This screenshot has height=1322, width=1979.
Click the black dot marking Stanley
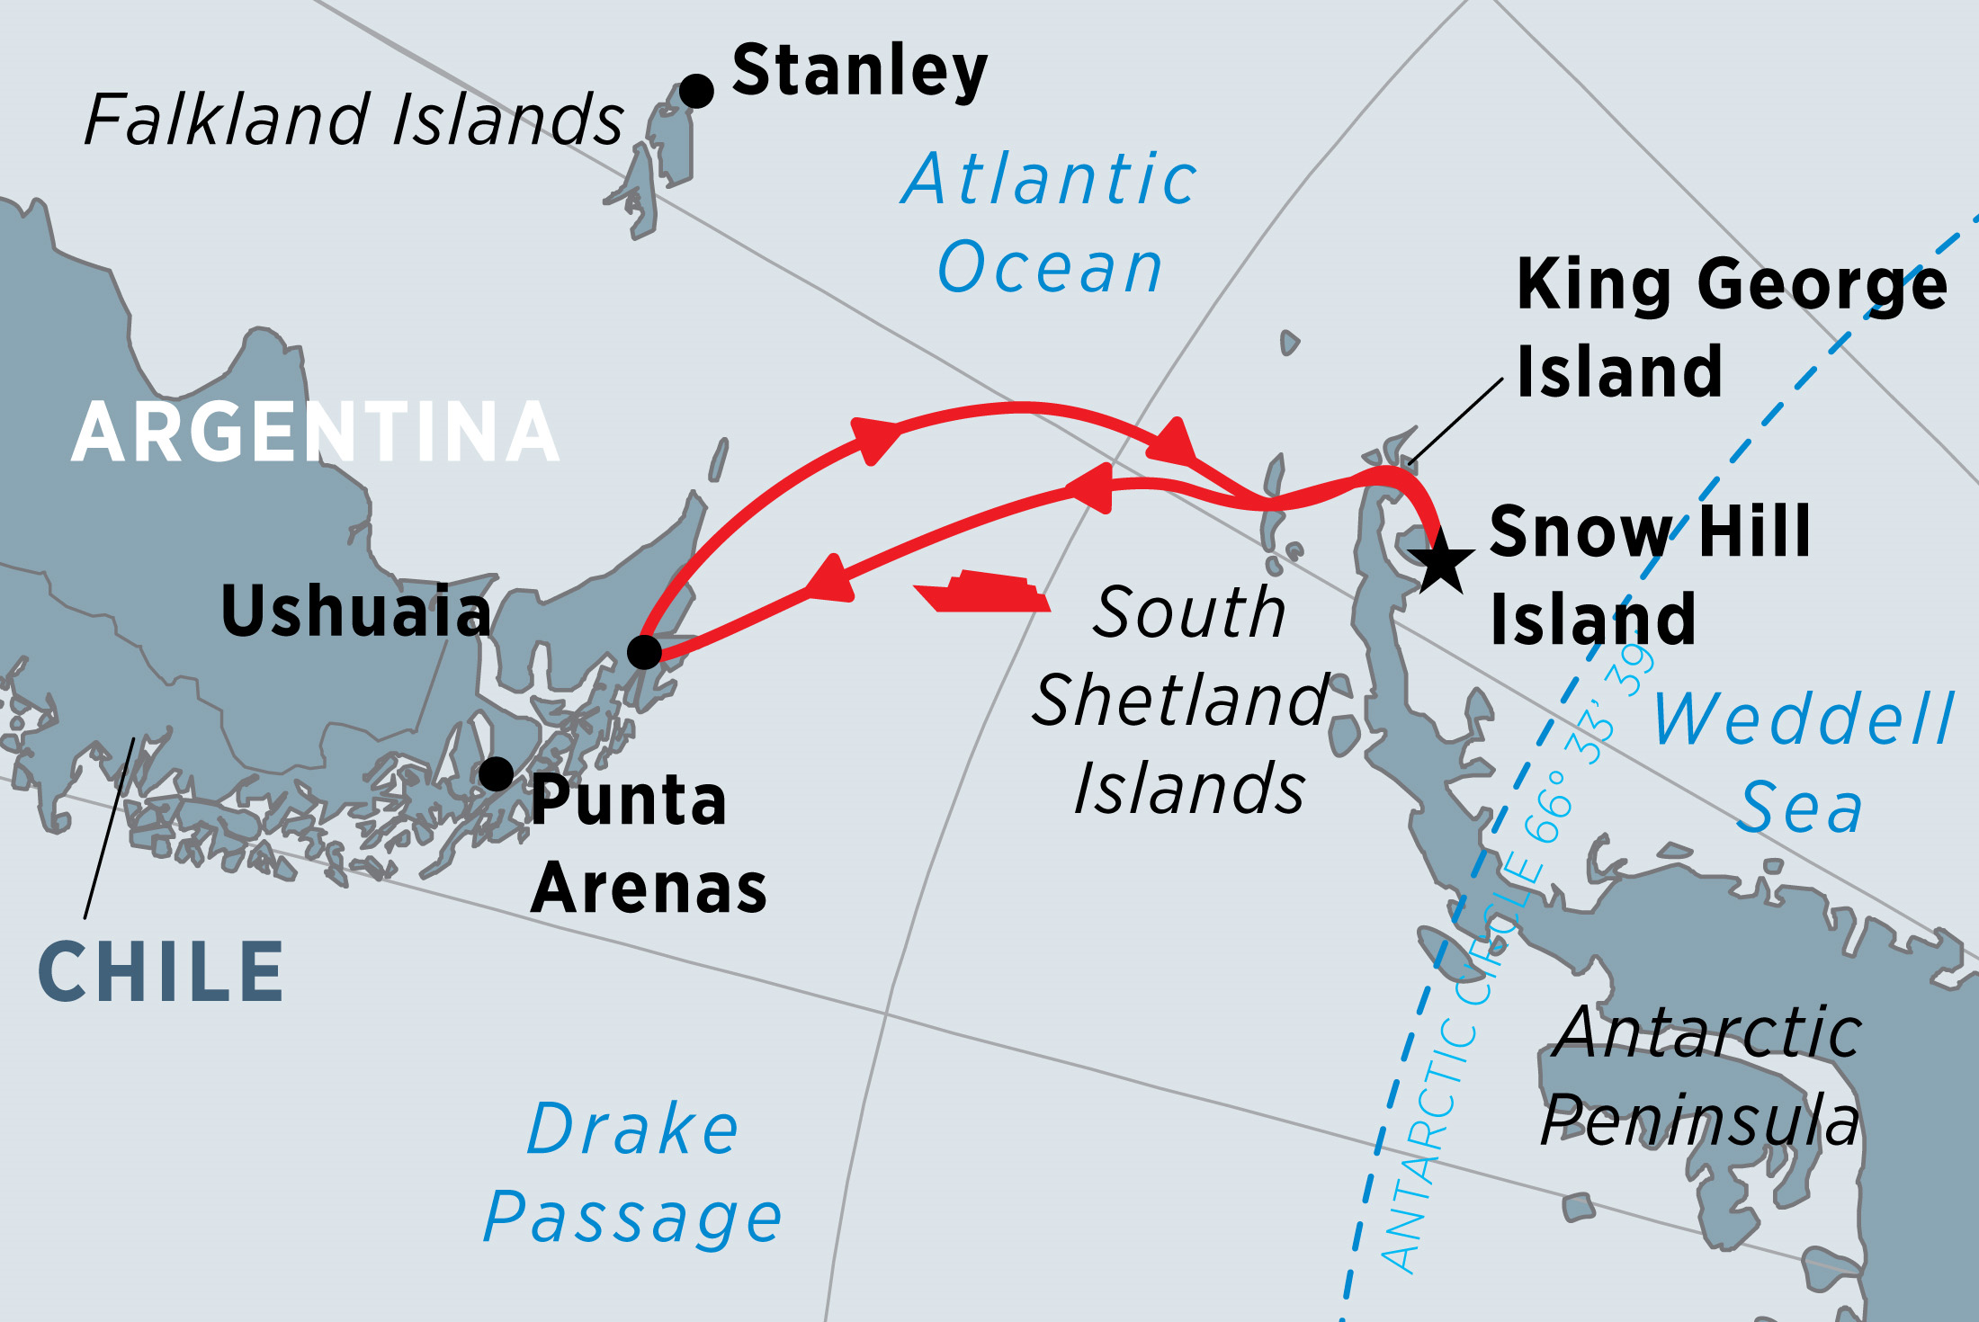click(696, 91)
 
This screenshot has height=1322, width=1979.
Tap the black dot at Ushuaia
click(644, 651)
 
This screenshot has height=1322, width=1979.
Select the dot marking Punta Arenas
click(496, 773)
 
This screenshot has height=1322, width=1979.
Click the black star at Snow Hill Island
click(1441, 562)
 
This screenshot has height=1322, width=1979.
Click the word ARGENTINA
click(315, 433)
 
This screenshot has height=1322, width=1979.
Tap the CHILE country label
click(162, 972)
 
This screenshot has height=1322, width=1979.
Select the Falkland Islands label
click(354, 120)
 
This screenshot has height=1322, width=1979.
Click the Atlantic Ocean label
click(1050, 223)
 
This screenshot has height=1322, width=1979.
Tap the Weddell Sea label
click(1804, 763)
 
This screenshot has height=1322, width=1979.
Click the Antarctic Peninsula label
click(1700, 1076)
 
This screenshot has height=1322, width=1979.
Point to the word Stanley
click(859, 71)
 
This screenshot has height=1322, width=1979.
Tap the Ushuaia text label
click(356, 612)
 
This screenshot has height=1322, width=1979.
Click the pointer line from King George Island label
click(1455, 421)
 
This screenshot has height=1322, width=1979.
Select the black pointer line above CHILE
click(110, 827)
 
